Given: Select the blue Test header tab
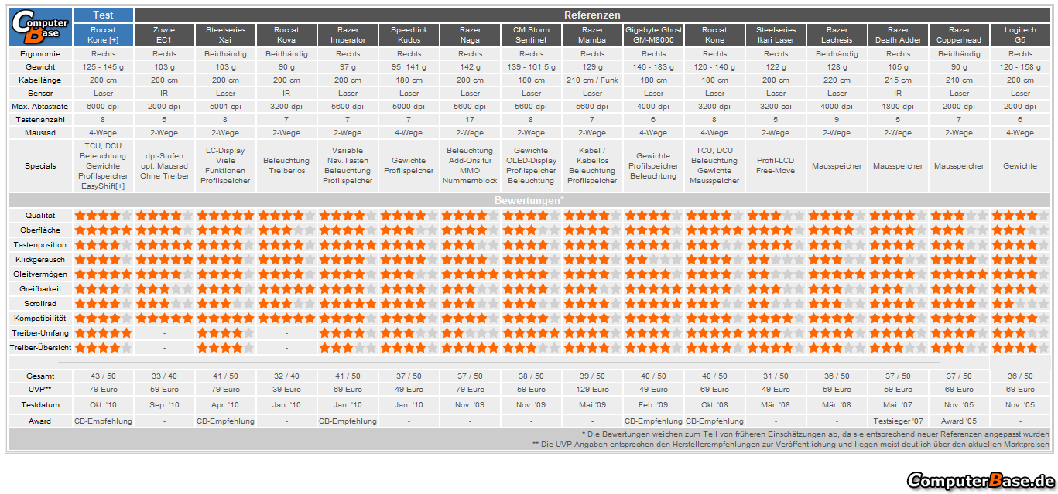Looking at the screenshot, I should click(103, 15).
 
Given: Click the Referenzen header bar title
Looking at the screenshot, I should click(592, 15).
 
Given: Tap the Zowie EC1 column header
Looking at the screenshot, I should click(164, 35).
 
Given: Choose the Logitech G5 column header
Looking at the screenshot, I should click(1020, 35).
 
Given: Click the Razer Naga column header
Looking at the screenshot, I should click(470, 35).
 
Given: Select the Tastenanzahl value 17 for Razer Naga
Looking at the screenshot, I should click(470, 120).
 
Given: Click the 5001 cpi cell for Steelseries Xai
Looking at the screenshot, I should click(225, 107).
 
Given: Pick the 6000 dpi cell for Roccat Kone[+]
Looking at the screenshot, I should click(103, 107).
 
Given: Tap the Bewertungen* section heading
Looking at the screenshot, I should click(529, 201).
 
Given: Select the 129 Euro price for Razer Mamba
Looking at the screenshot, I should click(592, 390).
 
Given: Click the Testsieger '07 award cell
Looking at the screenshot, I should click(898, 421).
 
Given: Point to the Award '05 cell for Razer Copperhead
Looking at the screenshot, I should click(959, 421).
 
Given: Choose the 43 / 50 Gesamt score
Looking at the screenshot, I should click(103, 376).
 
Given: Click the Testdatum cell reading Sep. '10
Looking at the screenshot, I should click(164, 405).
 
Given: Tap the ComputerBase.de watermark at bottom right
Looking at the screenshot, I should click(980, 480).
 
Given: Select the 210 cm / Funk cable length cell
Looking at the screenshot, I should click(592, 80).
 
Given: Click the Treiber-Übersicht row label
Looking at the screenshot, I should click(40, 348).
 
